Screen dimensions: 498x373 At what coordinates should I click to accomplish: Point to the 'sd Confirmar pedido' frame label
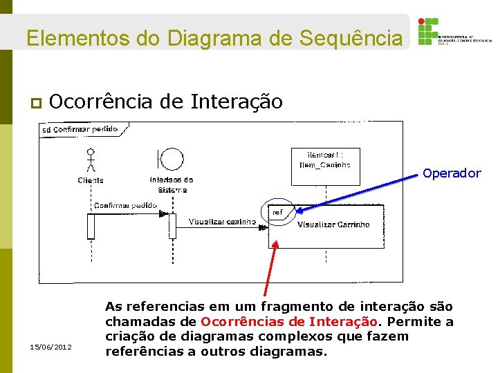click(80, 129)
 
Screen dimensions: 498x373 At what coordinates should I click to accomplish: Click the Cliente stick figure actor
click(91, 160)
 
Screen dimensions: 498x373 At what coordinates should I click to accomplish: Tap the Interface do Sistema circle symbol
click(172, 160)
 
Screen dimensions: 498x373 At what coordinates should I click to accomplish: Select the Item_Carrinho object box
click(325, 160)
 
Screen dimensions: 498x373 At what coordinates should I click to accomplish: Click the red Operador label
click(451, 173)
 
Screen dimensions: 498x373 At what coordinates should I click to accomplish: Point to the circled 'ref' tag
click(277, 213)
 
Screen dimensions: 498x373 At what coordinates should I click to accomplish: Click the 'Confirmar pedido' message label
click(124, 205)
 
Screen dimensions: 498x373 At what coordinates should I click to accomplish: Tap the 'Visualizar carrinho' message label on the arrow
click(222, 222)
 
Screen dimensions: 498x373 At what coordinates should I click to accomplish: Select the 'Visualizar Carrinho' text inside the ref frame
click(333, 224)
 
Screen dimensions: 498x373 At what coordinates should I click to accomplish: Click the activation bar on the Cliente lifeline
click(91, 226)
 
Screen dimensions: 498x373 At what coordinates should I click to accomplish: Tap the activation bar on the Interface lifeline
click(172, 226)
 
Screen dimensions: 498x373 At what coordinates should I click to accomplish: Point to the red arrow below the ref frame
click(270, 269)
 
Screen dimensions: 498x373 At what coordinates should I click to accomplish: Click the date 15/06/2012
click(51, 346)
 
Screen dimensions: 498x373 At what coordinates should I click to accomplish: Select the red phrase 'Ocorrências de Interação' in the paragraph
click(289, 321)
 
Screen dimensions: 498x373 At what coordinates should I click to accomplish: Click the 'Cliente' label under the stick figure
click(91, 180)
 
